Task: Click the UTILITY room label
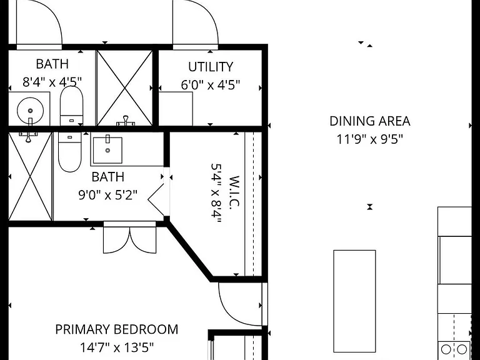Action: click(x=211, y=67)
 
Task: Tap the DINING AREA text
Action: click(x=370, y=121)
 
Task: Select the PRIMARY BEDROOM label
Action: click(x=117, y=329)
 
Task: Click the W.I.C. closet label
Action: click(x=234, y=192)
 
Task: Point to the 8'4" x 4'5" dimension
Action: click(x=52, y=82)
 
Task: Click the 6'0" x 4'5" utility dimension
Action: click(x=211, y=85)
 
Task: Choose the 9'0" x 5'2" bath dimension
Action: click(x=108, y=195)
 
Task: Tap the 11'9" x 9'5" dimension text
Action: click(x=370, y=139)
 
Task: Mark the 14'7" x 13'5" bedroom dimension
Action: click(x=117, y=347)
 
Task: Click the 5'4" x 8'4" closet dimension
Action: click(x=216, y=194)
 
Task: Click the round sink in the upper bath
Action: click(x=30, y=111)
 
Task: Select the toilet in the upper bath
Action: click(x=71, y=106)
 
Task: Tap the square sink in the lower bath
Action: click(x=107, y=150)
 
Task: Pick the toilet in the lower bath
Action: click(x=70, y=152)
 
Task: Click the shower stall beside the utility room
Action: click(x=124, y=88)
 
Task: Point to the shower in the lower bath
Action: click(x=30, y=176)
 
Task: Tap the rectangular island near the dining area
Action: click(x=354, y=301)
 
